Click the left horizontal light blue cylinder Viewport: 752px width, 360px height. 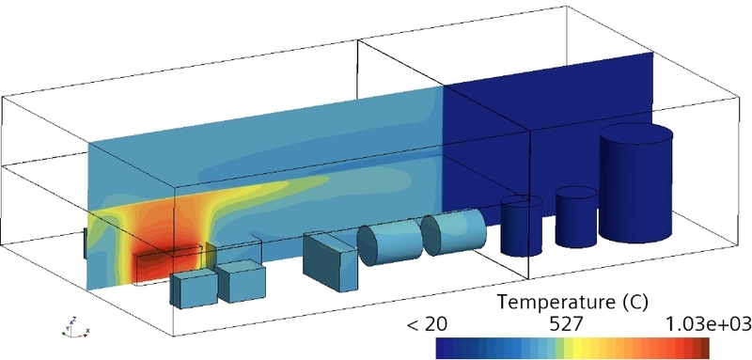(x=393, y=243)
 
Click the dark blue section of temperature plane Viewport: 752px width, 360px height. (x=545, y=122)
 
